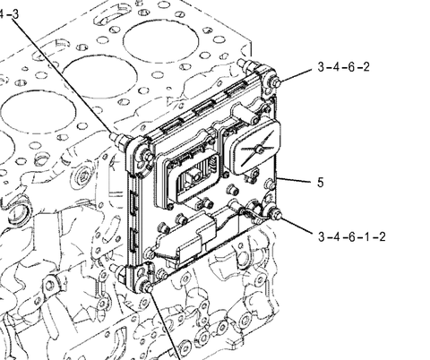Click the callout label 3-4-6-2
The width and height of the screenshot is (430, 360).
pyautogui.click(x=343, y=67)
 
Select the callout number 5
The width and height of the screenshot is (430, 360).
pyautogui.click(x=321, y=182)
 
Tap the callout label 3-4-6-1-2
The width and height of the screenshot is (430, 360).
pyautogui.click(x=352, y=236)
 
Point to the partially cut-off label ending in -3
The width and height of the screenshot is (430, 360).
pyautogui.click(x=10, y=14)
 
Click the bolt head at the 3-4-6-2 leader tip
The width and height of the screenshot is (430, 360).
pyautogui.click(x=276, y=82)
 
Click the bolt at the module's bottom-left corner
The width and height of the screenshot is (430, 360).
pyautogui.click(x=147, y=287)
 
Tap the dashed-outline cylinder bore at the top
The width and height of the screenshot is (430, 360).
pyautogui.click(x=160, y=41)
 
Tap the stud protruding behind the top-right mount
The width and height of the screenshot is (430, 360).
pyautogui.click(x=246, y=65)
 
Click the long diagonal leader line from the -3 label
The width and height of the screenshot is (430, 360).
pyautogui.click(x=64, y=77)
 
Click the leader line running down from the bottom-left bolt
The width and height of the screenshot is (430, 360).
pyautogui.click(x=165, y=325)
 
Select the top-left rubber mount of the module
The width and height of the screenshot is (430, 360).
pyautogui.click(x=139, y=155)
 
